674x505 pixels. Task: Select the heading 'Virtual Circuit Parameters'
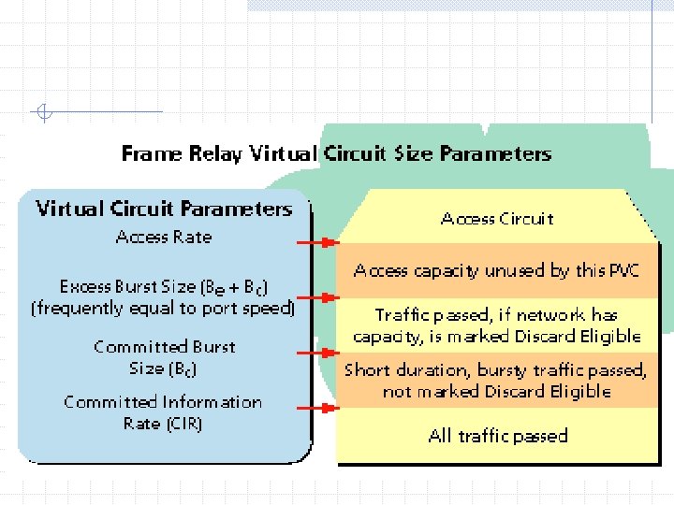164,209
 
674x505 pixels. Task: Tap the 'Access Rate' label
164,237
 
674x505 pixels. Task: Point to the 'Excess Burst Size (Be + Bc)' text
164,286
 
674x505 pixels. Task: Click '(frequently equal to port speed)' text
164,308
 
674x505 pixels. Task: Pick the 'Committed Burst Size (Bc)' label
164,357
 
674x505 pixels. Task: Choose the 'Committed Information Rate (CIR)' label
163,412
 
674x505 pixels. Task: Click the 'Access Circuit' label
497,219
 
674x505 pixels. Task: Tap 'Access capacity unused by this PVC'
497,271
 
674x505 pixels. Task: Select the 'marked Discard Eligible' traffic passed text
497,325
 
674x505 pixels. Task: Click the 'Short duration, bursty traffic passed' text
495,370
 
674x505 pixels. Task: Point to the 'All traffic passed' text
498,436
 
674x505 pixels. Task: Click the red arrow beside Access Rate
315,242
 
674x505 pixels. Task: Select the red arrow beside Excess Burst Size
315,297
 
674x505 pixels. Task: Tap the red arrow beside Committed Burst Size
315,353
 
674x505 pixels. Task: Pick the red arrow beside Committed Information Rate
315,408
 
